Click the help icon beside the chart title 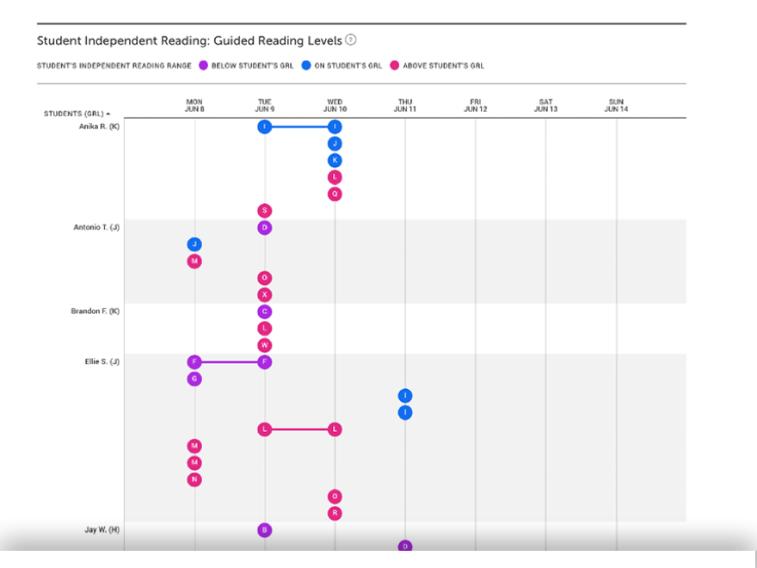[x=351, y=40]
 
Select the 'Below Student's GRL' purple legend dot [x=203, y=65]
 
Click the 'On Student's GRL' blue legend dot [x=306, y=65]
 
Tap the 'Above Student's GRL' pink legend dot [x=394, y=65]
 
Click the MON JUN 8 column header [x=194, y=106]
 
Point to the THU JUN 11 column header [x=404, y=106]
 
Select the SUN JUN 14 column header [x=616, y=106]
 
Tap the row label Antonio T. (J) [x=96, y=228]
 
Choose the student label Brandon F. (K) [x=95, y=312]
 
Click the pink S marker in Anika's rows [x=265, y=211]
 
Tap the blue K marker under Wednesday [x=335, y=161]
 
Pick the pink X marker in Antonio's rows [x=265, y=294]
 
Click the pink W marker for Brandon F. [x=265, y=345]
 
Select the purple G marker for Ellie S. [x=194, y=379]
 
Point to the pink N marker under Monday [x=194, y=479]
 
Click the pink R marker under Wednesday [x=335, y=513]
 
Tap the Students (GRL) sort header [x=77, y=113]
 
